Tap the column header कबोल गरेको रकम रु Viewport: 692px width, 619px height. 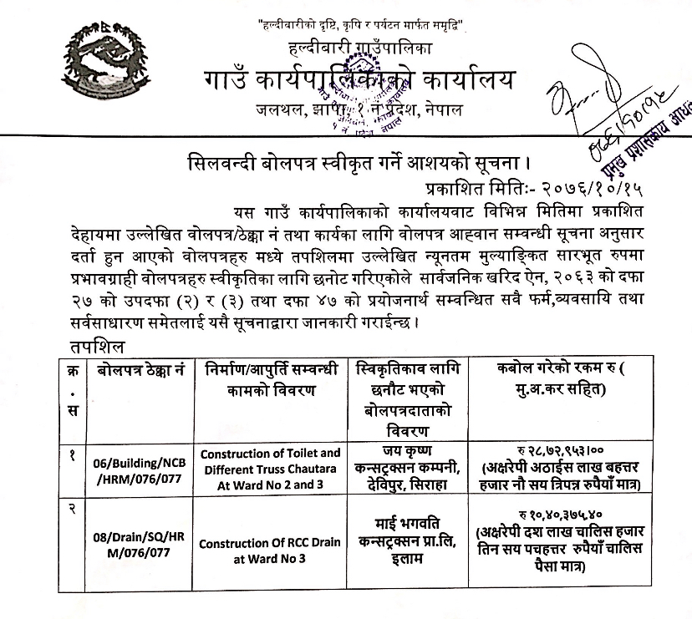click(573, 378)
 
